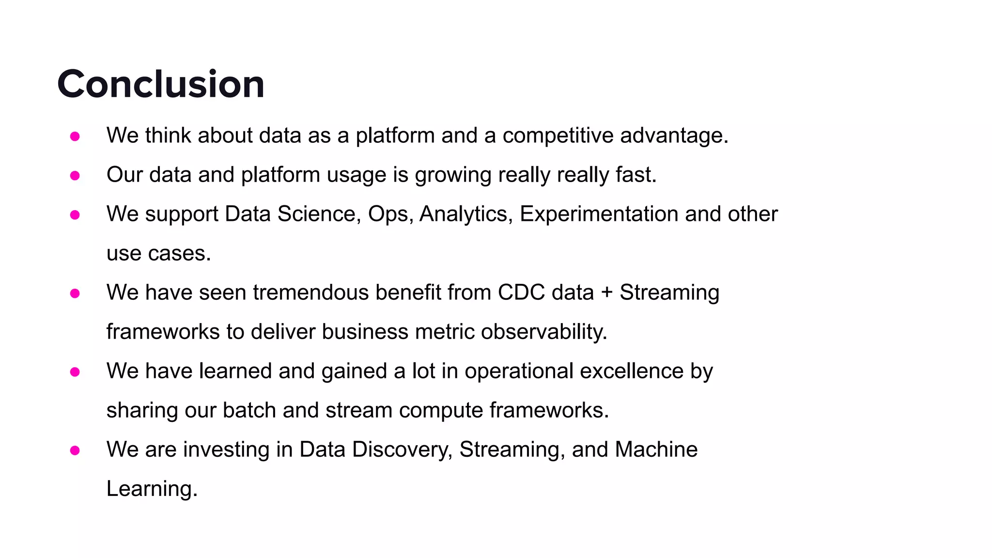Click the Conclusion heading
(161, 84)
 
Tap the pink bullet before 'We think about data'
(75, 136)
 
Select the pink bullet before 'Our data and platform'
(75, 175)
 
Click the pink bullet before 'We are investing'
(75, 450)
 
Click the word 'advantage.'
(674, 136)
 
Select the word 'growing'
(453, 175)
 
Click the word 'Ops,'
(390, 215)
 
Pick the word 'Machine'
(656, 449)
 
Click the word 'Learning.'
(152, 489)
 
